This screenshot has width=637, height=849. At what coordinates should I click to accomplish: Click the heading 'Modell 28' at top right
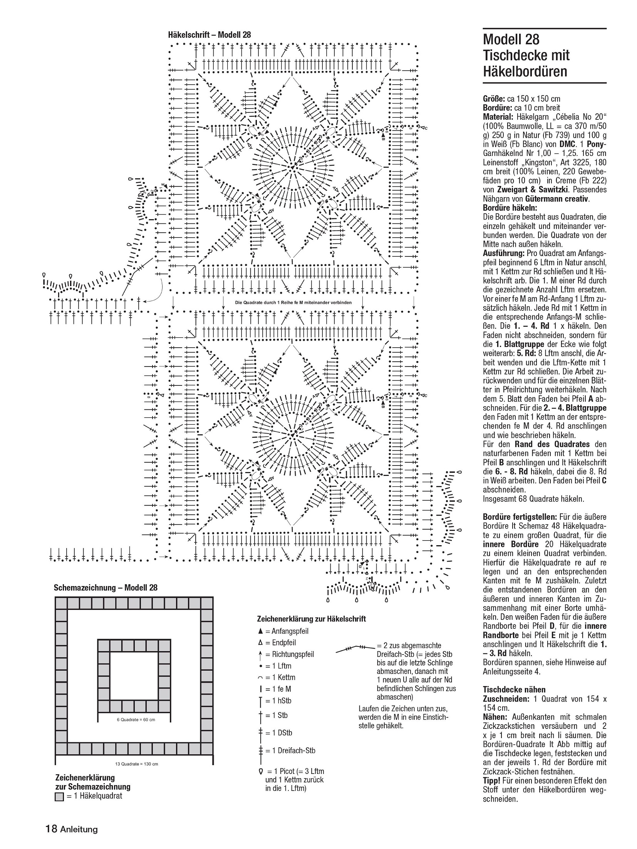[511, 40]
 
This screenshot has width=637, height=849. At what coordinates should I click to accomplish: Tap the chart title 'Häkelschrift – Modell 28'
[209, 35]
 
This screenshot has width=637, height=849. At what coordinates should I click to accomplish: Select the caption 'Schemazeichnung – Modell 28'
[106, 588]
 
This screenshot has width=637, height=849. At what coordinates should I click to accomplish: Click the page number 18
[51, 829]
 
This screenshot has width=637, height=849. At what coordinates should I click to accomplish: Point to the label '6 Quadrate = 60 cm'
[136, 720]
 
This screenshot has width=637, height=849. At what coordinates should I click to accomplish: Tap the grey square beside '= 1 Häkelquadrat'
[59, 796]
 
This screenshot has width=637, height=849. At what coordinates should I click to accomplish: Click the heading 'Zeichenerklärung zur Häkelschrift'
[311, 619]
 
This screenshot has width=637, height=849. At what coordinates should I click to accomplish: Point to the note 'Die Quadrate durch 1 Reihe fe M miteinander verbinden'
[293, 303]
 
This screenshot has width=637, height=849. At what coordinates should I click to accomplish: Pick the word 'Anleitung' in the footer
[79, 829]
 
